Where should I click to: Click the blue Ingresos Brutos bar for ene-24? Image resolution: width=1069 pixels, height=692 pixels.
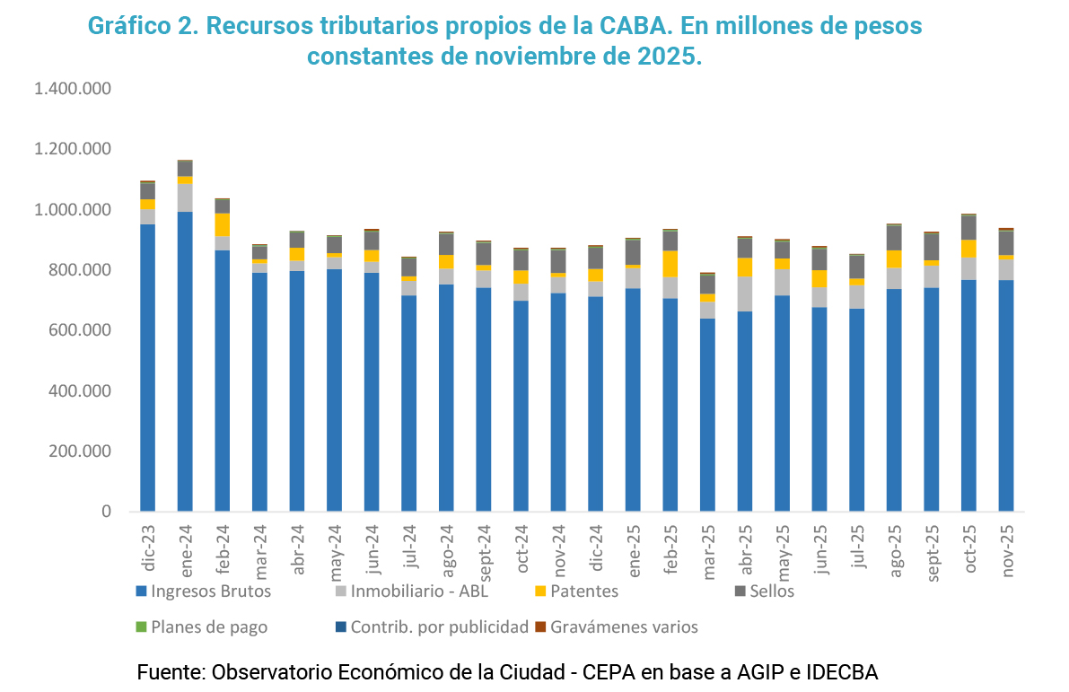point(185,359)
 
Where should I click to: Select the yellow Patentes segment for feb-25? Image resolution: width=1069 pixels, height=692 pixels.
point(670,263)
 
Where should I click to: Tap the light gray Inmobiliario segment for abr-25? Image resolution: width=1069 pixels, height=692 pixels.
point(745,293)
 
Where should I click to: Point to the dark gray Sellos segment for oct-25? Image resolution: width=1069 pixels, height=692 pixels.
point(968,227)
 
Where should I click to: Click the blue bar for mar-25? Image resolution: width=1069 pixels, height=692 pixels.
point(707,413)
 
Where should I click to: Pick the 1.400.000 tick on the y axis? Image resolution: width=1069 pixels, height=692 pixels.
point(73,89)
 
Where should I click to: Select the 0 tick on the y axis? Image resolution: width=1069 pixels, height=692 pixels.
point(105,512)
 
